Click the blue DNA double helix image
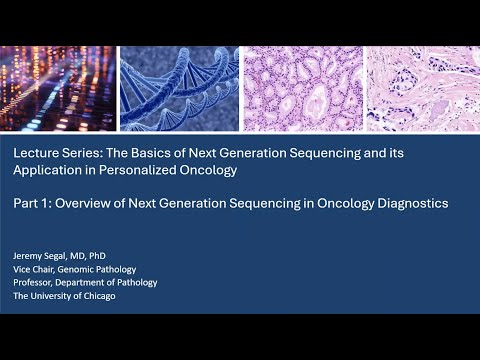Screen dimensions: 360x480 pyautogui.click(x=180, y=89)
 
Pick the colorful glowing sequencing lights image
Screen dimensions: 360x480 pyautogui.click(x=59, y=89)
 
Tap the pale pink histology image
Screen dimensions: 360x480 pyautogui.click(x=423, y=89)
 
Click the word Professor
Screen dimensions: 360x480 pyautogui.click(x=37, y=283)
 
